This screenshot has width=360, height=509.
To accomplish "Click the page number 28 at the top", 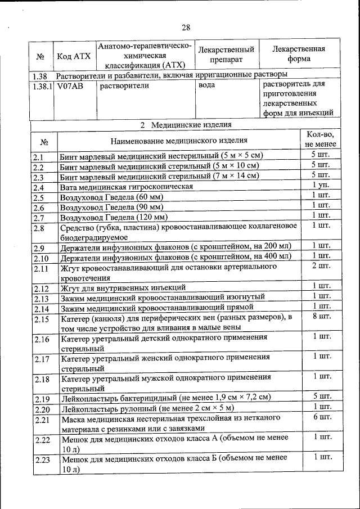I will pyautogui.click(x=186, y=27).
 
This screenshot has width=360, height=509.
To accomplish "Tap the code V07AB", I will pyautogui.click(x=69, y=86).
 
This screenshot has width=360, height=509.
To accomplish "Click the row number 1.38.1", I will pyautogui.click(x=42, y=86).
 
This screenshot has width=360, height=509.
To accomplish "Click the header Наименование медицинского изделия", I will pyautogui.click(x=178, y=140).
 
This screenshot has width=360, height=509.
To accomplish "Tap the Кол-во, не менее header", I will pyautogui.click(x=321, y=139).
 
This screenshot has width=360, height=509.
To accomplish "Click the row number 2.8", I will pyautogui.click(x=38, y=228).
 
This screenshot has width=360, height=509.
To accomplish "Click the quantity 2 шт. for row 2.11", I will pyautogui.click(x=321, y=265).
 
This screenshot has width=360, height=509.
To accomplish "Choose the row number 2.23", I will pyautogui.click(x=42, y=460).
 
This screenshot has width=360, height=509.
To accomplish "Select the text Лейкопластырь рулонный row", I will pyautogui.click(x=147, y=407).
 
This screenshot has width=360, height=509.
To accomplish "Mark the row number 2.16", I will pyautogui.click(x=42, y=339).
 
